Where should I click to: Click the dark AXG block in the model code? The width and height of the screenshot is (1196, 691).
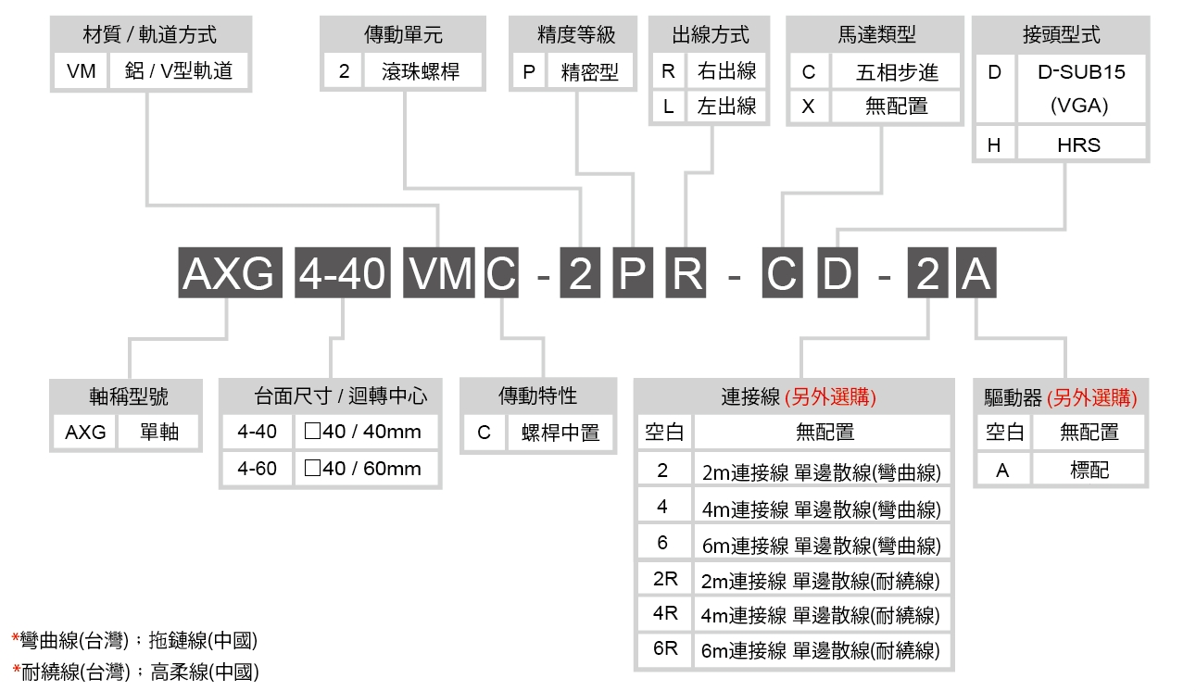coord(229,275)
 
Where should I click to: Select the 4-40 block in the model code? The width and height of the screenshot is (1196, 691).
coord(342,275)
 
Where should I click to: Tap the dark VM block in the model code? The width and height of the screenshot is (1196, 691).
coord(440,275)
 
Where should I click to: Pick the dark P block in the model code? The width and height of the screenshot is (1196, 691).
coord(633,275)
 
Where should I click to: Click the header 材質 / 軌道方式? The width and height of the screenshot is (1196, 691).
coord(150,35)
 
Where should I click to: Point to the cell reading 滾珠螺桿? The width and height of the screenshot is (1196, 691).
coord(421,71)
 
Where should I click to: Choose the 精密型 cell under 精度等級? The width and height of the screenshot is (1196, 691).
coord(589,72)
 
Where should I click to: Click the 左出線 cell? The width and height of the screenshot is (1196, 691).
coord(726,107)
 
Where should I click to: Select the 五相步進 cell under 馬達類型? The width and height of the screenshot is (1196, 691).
coord(896,72)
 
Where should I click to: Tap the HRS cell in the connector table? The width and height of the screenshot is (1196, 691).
coord(1078,145)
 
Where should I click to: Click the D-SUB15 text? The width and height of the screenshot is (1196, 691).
coord(1079,72)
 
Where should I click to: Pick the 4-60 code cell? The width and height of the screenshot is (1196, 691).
coord(257,469)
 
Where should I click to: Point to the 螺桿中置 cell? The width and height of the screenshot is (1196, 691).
coord(560,433)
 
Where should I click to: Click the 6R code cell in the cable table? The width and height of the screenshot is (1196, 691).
coord(664,648)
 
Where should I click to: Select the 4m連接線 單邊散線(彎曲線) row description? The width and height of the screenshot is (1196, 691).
coord(821,509)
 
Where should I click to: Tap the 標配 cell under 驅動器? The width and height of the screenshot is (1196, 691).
coord(1089,471)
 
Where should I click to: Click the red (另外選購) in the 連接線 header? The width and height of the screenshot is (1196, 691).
coord(830,397)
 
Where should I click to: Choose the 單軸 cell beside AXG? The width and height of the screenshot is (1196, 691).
coord(158,433)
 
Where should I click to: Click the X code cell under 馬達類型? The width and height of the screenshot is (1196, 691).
coord(809,107)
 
